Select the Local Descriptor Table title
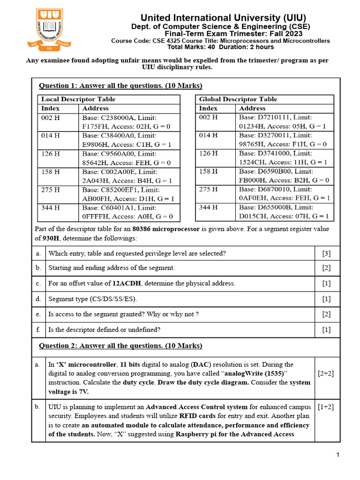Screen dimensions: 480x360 point(78,99)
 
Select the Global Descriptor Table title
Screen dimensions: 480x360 point(238,99)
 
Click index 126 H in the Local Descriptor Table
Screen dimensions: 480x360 point(51,153)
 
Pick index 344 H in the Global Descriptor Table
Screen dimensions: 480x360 point(209,207)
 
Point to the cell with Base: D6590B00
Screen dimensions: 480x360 point(284,176)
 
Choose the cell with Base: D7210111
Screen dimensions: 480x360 point(284,122)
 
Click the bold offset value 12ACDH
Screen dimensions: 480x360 point(127,284)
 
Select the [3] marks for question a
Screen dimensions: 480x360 point(326,254)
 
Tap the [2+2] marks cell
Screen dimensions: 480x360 point(326,374)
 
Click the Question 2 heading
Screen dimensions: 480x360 point(120,346)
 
